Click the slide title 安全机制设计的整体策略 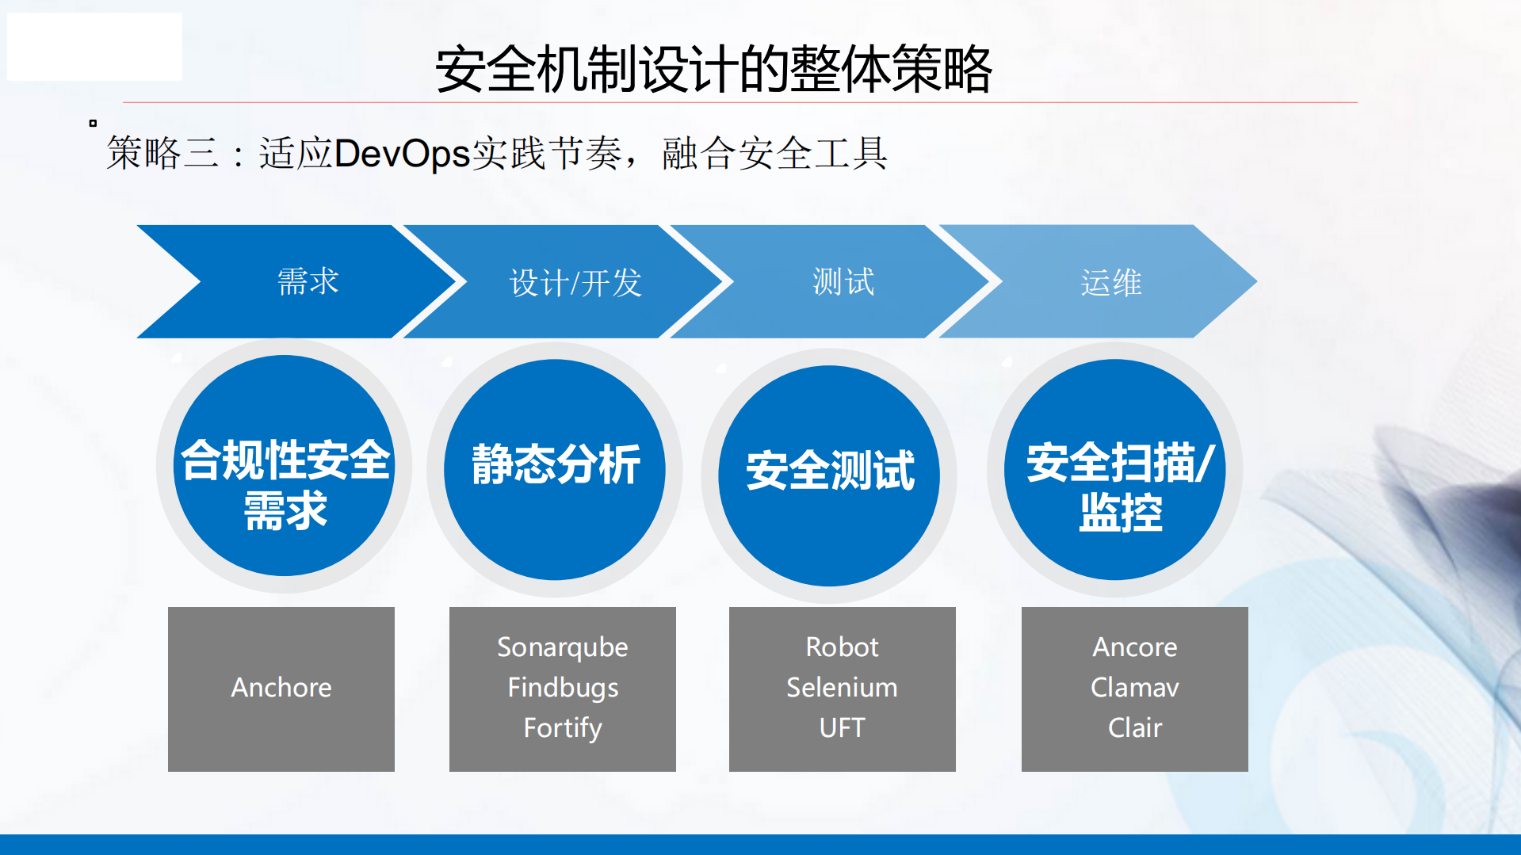coord(713,70)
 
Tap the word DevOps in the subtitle coord(403,153)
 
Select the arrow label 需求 coord(308,282)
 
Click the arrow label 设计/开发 coord(575,283)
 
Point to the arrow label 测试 coord(843,282)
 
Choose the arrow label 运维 coord(1110,283)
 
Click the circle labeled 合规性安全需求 coord(285,468)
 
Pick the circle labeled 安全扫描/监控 coord(1115,469)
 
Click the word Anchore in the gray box coord(281,688)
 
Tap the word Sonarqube coord(562,647)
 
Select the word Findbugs coord(563,688)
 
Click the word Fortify coord(563,728)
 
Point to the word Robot coord(842,647)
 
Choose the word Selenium coord(842,688)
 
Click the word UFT coord(842,728)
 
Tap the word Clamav coord(1134,688)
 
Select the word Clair coord(1134,728)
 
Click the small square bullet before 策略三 coord(93,123)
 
